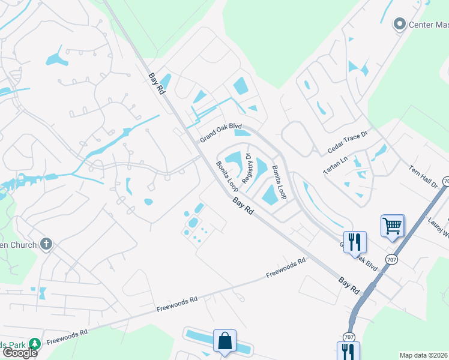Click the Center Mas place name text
click(x=429, y=25)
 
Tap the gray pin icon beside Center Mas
click(x=399, y=24)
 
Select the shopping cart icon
click(x=392, y=226)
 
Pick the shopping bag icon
click(x=224, y=340)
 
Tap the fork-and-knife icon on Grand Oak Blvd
click(x=355, y=241)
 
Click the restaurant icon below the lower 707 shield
click(x=348, y=350)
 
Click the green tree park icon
click(x=34, y=344)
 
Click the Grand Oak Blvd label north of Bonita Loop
click(x=220, y=132)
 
